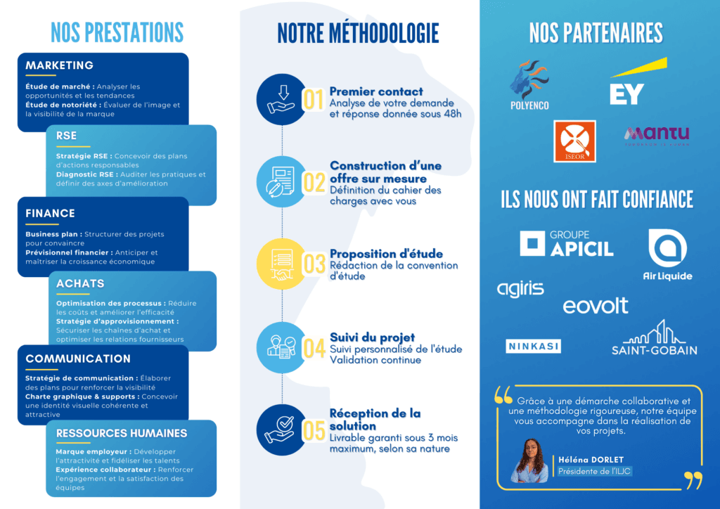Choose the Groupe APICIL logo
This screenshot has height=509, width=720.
pos(567,243)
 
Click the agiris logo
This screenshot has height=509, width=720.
pos(520,289)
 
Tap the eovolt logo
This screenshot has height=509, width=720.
pos(596,306)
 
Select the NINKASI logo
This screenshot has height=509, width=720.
pos(533,346)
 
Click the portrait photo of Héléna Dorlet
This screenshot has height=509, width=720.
pos(529,460)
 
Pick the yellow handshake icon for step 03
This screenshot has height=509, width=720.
pos(281,263)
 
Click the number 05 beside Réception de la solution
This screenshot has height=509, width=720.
pos(314,430)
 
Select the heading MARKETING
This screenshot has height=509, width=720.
pos(60,65)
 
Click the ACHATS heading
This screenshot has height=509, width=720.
pos(80,283)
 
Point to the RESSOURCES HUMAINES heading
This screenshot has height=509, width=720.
pos(122,433)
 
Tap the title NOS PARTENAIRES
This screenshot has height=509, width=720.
pos(596,33)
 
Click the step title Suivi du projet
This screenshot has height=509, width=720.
pos(372,338)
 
